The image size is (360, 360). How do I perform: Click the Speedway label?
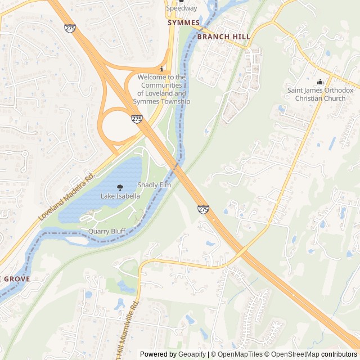pos(181,8)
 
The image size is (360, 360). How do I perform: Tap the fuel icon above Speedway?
pos(181,1)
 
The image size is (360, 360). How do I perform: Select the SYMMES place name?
pos(183,23)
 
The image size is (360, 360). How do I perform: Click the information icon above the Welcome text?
pos(161,69)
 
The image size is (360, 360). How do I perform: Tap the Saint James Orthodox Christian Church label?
pos(320,94)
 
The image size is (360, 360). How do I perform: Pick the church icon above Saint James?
pos(320,82)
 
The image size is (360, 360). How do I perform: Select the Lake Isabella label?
pos(120,196)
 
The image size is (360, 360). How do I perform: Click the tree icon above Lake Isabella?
pos(120,187)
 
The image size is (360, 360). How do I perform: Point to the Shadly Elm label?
pos(154,185)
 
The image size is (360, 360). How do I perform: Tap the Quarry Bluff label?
pos(106,231)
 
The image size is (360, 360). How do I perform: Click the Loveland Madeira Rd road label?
pos(66,196)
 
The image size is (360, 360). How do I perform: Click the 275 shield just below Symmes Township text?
pos(137,119)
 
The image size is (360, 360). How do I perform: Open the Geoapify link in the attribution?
pos(191,354)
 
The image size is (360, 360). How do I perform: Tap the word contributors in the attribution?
pos(339,354)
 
